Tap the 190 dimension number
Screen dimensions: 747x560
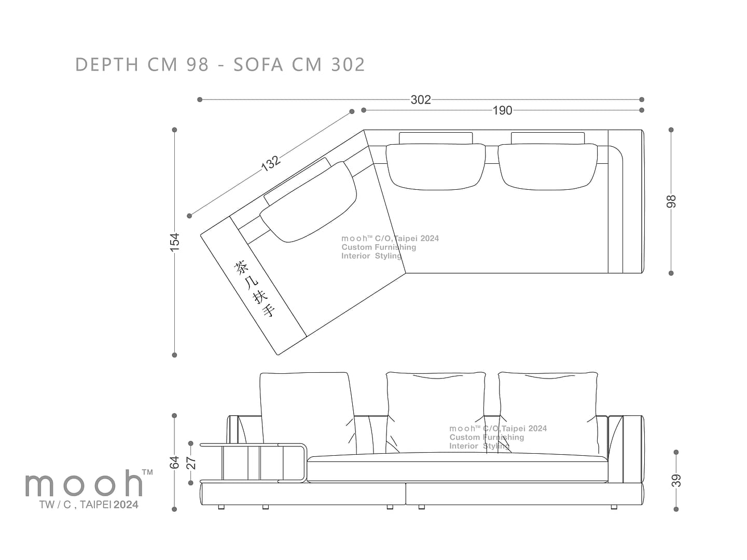tap(502, 110)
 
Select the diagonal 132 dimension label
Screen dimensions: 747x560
tap(271, 163)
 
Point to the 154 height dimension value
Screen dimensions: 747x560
tap(174, 242)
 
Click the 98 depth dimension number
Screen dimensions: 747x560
tap(671, 201)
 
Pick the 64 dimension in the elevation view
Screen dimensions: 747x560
tap(174, 463)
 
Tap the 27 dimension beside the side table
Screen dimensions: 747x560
tap(191, 463)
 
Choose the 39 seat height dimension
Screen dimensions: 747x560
tap(676, 481)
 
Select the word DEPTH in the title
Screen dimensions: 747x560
tap(107, 64)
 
